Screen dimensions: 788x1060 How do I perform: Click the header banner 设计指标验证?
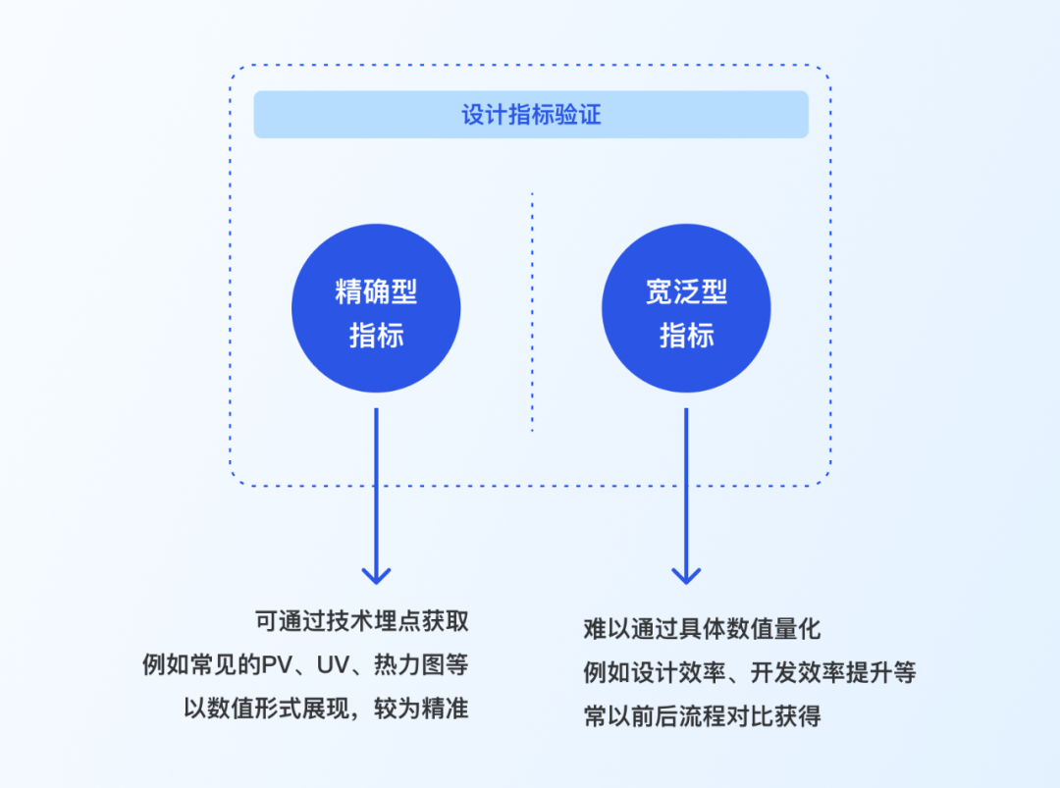[x=531, y=115]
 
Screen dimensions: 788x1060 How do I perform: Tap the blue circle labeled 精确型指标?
[x=376, y=308]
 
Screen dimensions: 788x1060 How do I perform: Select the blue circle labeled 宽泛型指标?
[x=686, y=308]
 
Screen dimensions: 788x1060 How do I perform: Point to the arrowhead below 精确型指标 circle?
[x=376, y=575]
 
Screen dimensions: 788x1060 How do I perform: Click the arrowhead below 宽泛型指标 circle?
[x=686, y=575]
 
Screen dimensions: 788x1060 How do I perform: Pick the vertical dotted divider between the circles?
[x=532, y=312]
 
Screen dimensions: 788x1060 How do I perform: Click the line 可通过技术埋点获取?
[x=361, y=622]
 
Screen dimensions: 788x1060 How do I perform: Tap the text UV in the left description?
[x=330, y=665]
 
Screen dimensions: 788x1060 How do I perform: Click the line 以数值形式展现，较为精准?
[x=326, y=709]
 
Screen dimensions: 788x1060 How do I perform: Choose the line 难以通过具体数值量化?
[x=702, y=629]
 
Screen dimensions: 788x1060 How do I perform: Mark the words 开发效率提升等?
[x=833, y=673]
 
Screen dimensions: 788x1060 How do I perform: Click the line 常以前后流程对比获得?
[x=702, y=716]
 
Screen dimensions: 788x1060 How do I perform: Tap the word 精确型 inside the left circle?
[x=376, y=291]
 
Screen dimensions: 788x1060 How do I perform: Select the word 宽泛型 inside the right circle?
[x=686, y=291]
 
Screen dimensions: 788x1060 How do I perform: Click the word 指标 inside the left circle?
[x=376, y=335]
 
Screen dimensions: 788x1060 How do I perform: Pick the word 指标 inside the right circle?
[x=686, y=335]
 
